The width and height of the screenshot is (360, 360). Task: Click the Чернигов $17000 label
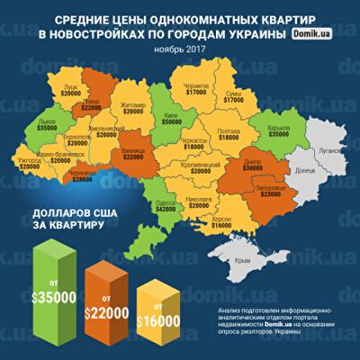[x=195, y=87]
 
